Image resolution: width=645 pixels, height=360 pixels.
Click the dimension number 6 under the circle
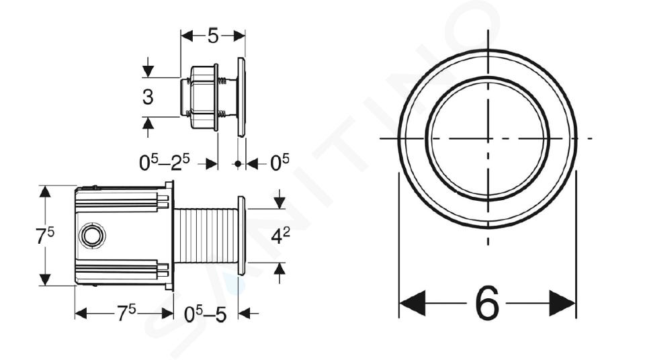487,304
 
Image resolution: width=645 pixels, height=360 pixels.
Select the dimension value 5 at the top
213,36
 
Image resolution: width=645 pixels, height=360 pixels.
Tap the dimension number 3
148,97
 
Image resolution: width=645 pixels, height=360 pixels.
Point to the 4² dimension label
281,236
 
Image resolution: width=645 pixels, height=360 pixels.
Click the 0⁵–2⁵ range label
165,163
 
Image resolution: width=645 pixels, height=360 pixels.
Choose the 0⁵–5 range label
206,314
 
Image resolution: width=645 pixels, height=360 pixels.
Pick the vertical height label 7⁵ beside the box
45,236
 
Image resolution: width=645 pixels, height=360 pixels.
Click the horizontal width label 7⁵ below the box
126,314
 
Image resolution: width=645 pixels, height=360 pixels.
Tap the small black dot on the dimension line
238,164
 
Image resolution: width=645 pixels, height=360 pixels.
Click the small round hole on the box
93,236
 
